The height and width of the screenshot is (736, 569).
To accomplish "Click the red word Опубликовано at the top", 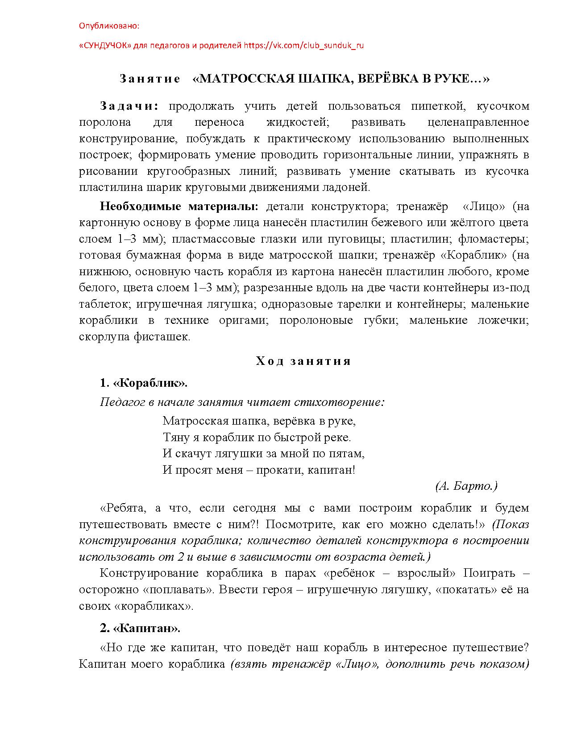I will [109, 26].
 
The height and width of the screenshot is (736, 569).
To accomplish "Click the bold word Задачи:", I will [129, 106].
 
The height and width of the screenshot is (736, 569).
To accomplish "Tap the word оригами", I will [243, 321].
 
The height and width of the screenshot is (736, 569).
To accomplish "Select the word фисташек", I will [162, 337].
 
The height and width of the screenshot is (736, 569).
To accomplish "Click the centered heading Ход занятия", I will [303, 361].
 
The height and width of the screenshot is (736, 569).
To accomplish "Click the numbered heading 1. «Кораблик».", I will [144, 383].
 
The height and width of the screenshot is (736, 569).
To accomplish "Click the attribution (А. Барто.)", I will [466, 486].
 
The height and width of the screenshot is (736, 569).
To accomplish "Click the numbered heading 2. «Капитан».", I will [140, 628].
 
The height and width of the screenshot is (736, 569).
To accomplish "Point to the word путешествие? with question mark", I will [490, 647].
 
